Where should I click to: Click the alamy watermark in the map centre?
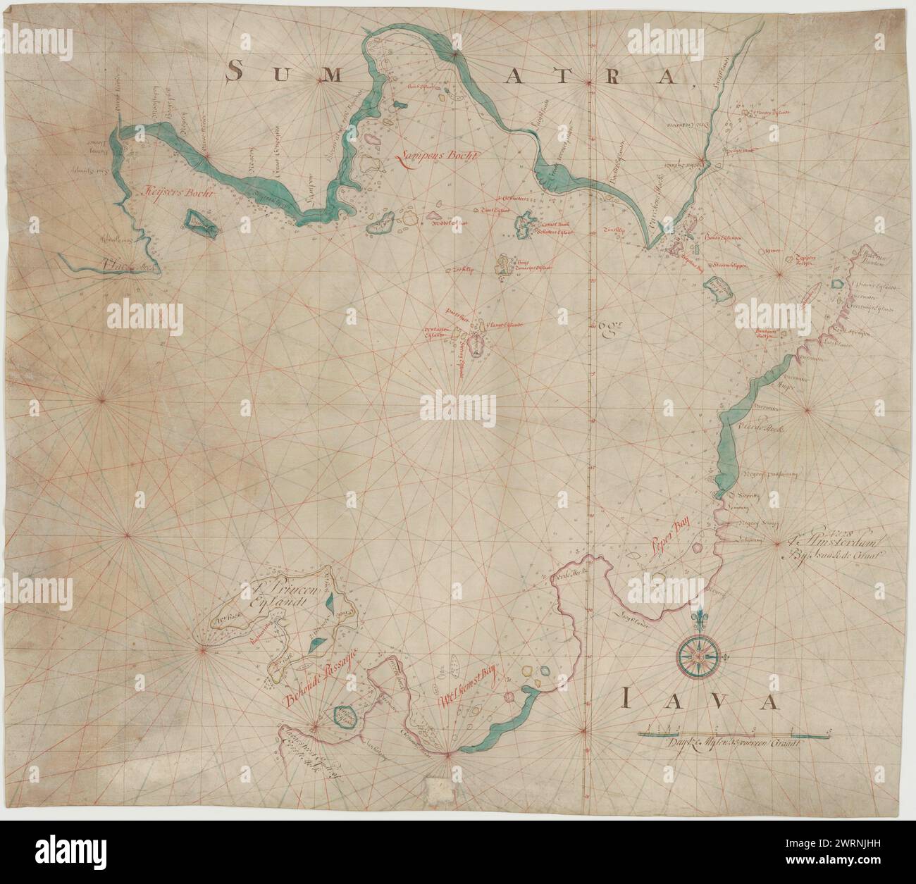(x=457, y=409)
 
